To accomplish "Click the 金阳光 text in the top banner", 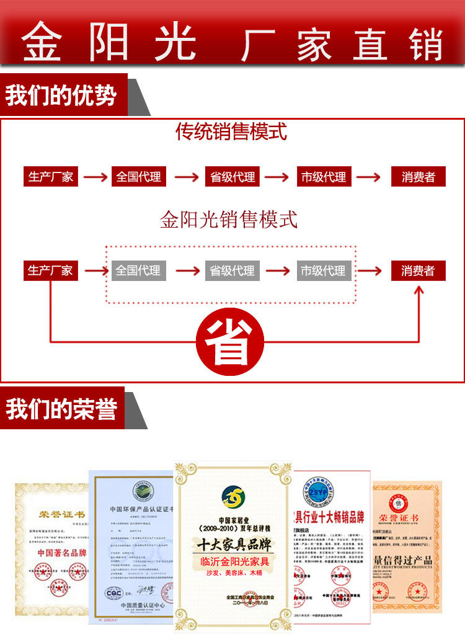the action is point(110,43).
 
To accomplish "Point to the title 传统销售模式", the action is point(231,132).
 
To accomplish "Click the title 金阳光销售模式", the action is point(229,219).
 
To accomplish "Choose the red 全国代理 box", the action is point(139,177).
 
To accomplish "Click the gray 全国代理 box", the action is point(138,270).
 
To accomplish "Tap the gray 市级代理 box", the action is point(323,270).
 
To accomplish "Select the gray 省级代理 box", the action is point(232,270).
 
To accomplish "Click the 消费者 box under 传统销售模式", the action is point(418,177).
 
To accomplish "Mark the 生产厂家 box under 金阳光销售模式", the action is point(50,270).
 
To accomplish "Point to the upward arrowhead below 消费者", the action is point(418,290).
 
